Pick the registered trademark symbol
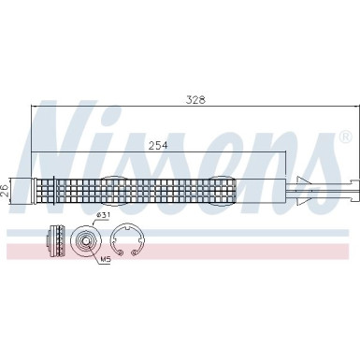344,137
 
